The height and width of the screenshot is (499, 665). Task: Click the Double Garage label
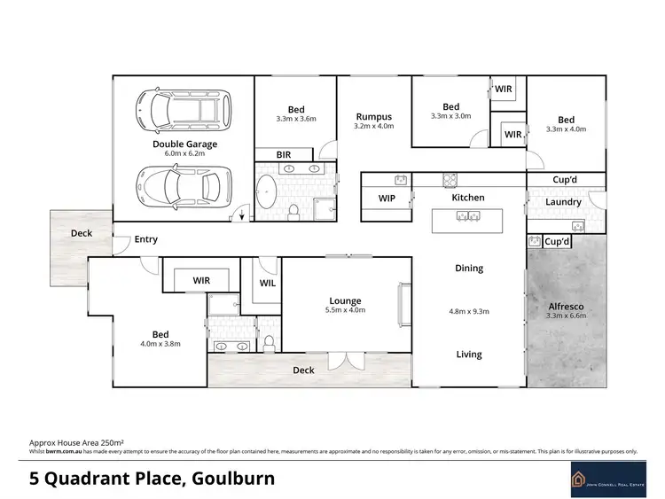[184, 144]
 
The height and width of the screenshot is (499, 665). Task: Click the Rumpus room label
[373, 116]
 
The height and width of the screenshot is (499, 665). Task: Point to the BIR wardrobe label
[284, 154]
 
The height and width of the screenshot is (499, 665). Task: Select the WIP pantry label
[387, 199]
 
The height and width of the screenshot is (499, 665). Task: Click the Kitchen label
[467, 197]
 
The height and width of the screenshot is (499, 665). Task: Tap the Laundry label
[563, 202]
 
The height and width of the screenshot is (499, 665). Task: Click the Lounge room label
[346, 301]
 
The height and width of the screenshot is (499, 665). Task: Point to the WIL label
[268, 284]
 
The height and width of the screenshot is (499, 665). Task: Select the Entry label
[145, 239]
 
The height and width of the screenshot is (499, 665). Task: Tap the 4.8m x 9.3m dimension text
[469, 311]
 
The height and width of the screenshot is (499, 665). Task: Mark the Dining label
[468, 268]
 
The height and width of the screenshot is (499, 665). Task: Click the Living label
[468, 355]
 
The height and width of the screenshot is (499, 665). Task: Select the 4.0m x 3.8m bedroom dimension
[160, 344]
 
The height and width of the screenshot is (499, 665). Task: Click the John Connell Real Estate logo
[603, 480]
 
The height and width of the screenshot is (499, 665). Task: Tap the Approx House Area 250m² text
[75, 441]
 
